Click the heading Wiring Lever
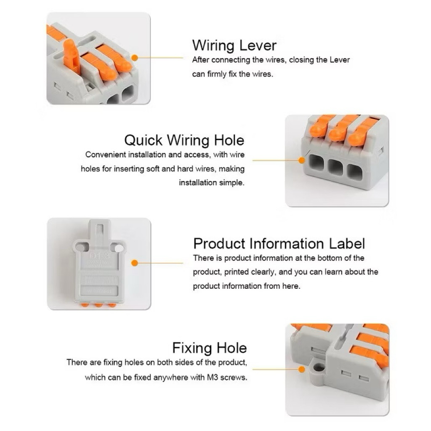pyautogui.click(x=234, y=45)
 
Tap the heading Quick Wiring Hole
pyautogui.click(x=184, y=140)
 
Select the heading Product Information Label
pyautogui.click(x=279, y=244)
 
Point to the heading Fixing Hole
pyautogui.click(x=210, y=348)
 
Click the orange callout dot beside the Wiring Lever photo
pyautogui.click(x=134, y=58)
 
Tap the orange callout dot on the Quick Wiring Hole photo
pyautogui.click(x=301, y=160)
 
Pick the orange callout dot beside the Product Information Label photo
pyautogui.click(x=134, y=263)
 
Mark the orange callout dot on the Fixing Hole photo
pyautogui.click(x=301, y=370)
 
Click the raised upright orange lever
pyautogui.click(x=71, y=56)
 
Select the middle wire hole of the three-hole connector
pyautogui.click(x=335, y=167)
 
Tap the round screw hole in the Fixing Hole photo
pyautogui.click(x=319, y=367)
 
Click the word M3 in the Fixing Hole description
pyautogui.click(x=212, y=377)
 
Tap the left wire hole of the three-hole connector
pyautogui.click(x=317, y=162)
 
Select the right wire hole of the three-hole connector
pyautogui.click(x=354, y=172)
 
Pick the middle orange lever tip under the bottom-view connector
pyautogui.click(x=98, y=305)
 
